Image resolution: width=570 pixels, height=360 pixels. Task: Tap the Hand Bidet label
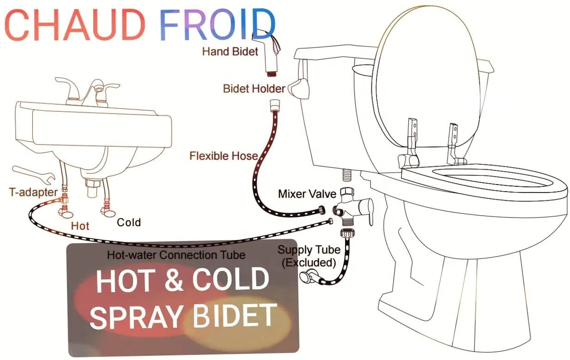tap(230, 51)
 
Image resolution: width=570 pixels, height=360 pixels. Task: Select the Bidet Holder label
tap(254, 88)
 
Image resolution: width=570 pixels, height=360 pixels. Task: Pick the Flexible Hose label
tap(223, 156)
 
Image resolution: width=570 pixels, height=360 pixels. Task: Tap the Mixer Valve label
tap(307, 194)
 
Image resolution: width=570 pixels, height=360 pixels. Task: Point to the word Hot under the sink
tap(80, 226)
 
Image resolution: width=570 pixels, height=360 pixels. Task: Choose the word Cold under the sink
tap(128, 222)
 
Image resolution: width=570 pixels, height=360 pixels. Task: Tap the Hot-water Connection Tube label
tap(176, 254)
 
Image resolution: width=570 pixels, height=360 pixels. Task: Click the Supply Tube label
tap(309, 250)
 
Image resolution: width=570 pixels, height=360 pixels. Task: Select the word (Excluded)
tap(309, 263)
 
